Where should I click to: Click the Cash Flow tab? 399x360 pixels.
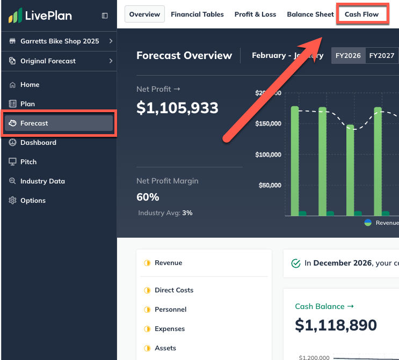(x=361, y=14)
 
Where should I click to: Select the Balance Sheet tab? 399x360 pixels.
(x=310, y=14)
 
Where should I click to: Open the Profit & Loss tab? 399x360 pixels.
(x=255, y=14)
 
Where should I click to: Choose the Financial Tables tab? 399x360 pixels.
(x=197, y=14)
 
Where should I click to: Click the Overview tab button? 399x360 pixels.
(x=144, y=14)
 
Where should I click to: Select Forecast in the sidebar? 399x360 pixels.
(x=59, y=123)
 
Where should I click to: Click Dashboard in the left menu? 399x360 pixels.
(x=38, y=143)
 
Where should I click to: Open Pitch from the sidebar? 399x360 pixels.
(x=28, y=162)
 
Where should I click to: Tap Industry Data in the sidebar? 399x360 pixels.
(x=42, y=181)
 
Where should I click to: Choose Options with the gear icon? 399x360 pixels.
(x=33, y=201)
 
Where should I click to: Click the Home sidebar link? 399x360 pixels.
(x=30, y=85)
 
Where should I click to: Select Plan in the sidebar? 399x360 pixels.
(x=27, y=104)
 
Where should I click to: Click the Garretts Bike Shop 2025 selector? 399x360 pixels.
(x=59, y=41)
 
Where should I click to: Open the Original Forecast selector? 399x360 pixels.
(x=59, y=61)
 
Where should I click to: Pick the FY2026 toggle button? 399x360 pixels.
(x=348, y=55)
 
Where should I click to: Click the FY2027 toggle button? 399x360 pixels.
(x=382, y=55)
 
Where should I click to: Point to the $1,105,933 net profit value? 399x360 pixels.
(x=177, y=108)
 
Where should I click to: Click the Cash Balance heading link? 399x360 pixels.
(x=324, y=306)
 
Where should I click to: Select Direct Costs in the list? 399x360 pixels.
(x=173, y=290)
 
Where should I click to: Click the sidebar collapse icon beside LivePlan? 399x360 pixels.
(x=105, y=16)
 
